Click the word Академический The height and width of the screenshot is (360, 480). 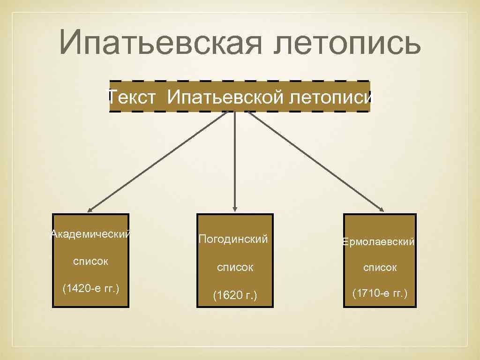(x=90, y=234)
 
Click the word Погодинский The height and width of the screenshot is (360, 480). (x=233, y=239)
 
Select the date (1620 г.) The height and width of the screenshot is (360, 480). (x=235, y=295)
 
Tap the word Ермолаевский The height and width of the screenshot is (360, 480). (x=379, y=242)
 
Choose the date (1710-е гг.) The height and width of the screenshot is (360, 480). (x=380, y=294)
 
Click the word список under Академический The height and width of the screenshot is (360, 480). (x=90, y=261)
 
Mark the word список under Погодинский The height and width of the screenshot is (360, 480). (x=235, y=267)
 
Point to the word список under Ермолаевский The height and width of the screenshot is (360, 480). (x=380, y=268)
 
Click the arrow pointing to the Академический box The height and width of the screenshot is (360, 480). (x=159, y=160)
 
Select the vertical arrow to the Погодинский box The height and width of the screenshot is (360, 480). (x=235, y=159)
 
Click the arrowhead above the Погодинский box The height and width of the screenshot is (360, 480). (x=235, y=209)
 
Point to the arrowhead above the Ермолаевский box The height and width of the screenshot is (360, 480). (x=382, y=209)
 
